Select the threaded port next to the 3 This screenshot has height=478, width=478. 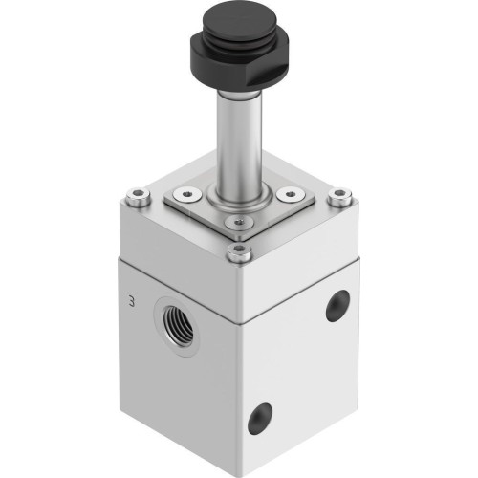click(175, 314)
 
